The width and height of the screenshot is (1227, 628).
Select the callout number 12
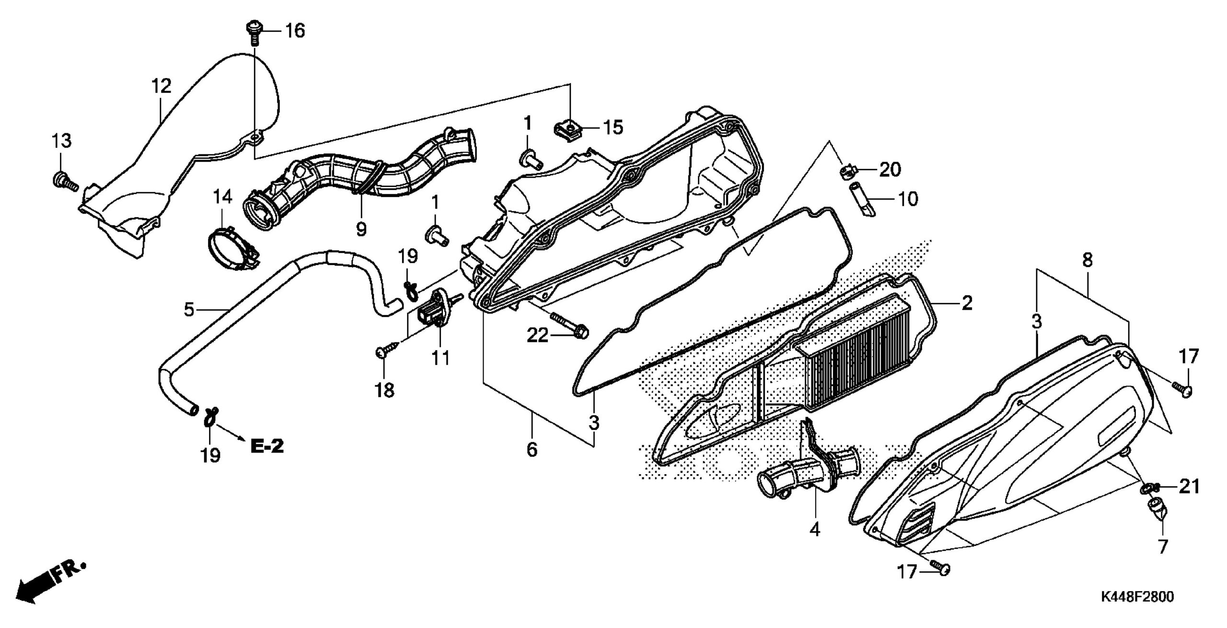tap(161, 86)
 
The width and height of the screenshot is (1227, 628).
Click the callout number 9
tap(361, 229)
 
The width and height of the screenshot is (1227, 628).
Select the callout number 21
tap(1188, 487)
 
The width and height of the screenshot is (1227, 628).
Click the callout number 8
tap(1087, 260)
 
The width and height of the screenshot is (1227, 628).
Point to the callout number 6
tap(532, 450)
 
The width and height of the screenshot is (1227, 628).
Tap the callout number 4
tap(814, 529)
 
